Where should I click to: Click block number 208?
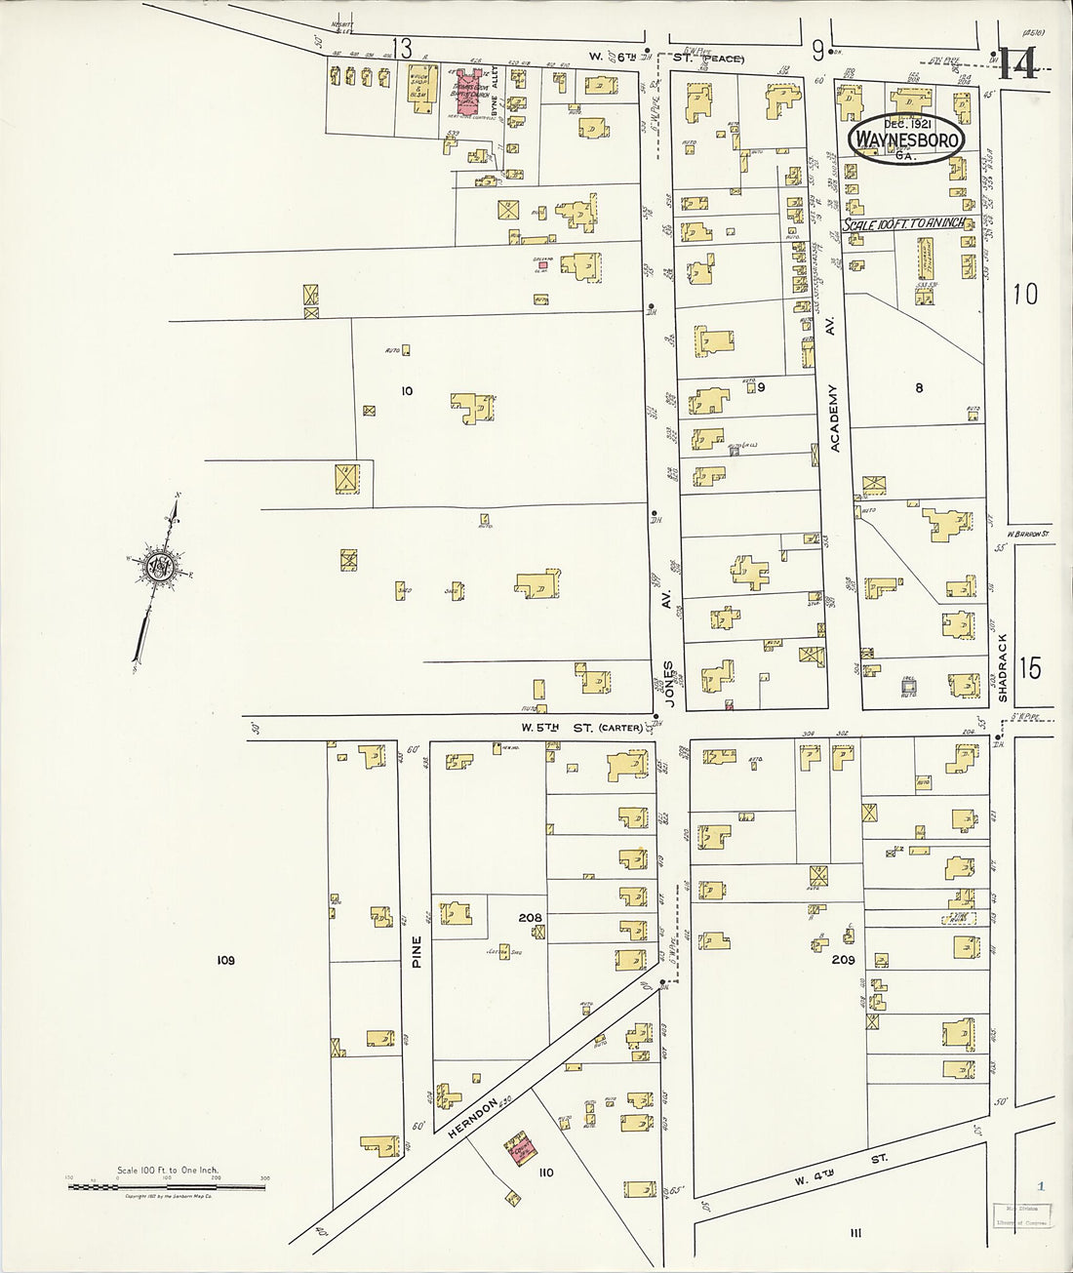(x=531, y=918)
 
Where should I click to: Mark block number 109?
(x=226, y=961)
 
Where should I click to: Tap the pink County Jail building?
(x=520, y=1149)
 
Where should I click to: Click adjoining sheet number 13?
(x=402, y=46)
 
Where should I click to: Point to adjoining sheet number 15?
(x=1029, y=668)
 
